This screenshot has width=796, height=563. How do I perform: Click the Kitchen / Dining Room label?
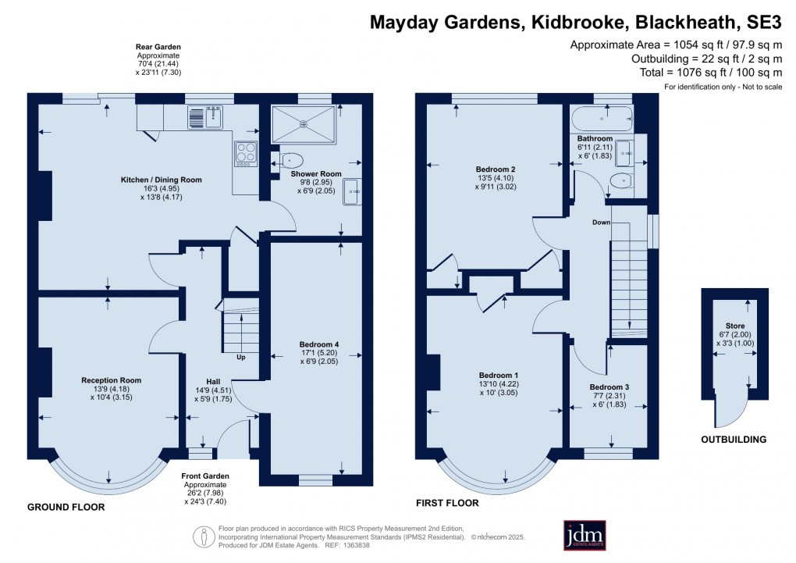tap(161, 180)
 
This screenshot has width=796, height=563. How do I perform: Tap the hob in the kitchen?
tap(245, 153)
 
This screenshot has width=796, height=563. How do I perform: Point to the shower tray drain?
tap(304, 123)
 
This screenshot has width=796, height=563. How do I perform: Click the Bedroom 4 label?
tap(319, 344)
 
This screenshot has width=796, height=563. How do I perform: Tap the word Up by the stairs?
tap(241, 358)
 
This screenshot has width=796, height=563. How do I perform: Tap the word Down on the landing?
tap(601, 223)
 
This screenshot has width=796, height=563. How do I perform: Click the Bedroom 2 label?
tap(496, 169)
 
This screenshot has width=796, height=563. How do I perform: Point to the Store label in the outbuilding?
tap(735, 326)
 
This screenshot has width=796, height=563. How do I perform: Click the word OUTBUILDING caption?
tap(734, 440)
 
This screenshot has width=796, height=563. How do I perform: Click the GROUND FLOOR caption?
tap(66, 507)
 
